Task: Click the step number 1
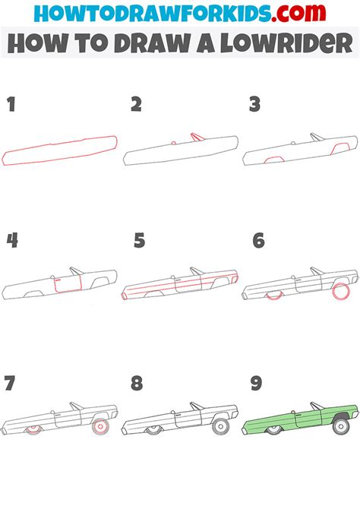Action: pos(11,104)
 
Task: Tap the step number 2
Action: pos(137,104)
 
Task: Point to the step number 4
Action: pos(12,241)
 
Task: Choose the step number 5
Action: pos(138,241)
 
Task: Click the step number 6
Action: pos(259,241)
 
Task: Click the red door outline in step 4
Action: pos(65,285)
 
